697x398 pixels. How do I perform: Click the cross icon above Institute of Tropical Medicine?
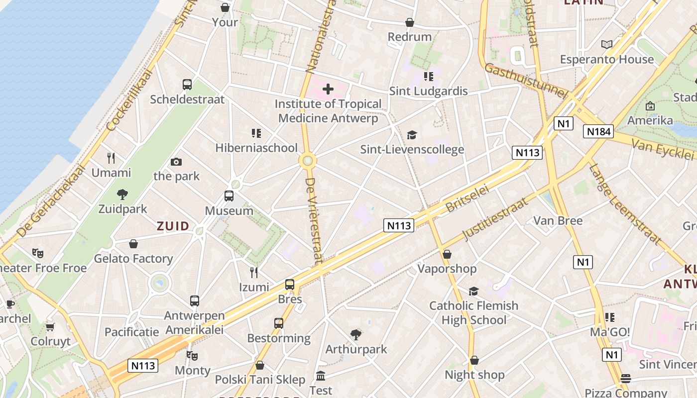328,90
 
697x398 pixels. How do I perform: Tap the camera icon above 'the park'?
176,162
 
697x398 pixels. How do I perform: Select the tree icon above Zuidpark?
122,194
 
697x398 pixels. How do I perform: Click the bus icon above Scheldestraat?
187,85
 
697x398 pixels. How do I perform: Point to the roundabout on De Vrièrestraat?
308,161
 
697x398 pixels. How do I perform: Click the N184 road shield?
598,131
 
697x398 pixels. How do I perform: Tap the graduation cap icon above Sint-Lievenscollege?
412,135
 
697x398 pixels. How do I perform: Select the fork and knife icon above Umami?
111,158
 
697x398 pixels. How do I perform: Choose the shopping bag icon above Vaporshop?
447,254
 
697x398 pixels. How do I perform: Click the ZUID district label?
173,226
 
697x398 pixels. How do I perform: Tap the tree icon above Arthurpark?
355,334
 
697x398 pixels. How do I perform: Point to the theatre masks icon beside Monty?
192,356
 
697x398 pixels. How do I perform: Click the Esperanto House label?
606,60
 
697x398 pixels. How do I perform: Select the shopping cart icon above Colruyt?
50,327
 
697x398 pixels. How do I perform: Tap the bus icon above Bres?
290,285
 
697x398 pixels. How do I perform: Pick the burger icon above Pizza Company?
625,379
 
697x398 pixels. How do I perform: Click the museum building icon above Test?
321,376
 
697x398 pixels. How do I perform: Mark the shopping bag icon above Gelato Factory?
133,244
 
